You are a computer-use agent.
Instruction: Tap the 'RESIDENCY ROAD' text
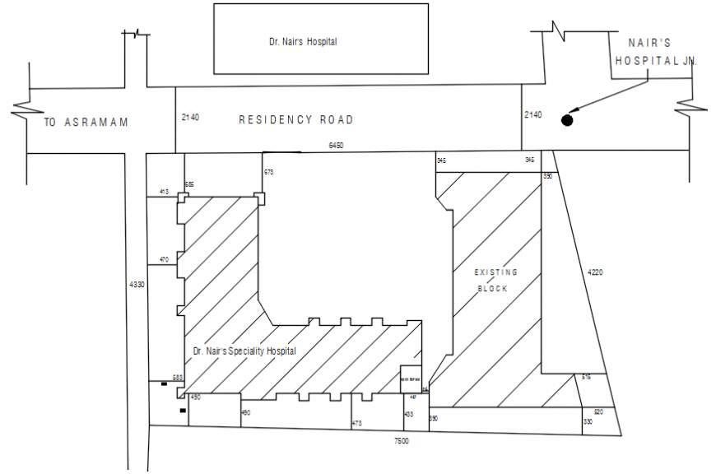[295, 120]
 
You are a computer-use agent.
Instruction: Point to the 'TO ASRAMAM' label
[86, 123]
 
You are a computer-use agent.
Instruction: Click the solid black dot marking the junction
[567, 121]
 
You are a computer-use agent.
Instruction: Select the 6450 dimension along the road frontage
[336, 145]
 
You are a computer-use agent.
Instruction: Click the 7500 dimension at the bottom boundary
[401, 442]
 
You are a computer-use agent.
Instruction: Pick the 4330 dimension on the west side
[137, 284]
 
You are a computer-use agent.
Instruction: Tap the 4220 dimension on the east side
[595, 272]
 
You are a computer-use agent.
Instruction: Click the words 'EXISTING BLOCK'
[496, 280]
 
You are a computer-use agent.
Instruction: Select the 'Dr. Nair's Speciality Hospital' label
[244, 351]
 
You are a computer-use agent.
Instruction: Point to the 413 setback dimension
[164, 192]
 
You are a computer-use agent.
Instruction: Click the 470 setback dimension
[164, 260]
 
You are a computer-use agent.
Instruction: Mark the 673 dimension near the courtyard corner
[268, 172]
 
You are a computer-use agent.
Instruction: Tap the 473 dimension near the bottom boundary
[356, 423]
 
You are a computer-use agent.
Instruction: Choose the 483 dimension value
[409, 414]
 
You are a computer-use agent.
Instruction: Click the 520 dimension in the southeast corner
[598, 411]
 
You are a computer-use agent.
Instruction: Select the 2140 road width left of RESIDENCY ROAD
[189, 118]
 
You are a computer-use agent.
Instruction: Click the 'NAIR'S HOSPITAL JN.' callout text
[655, 50]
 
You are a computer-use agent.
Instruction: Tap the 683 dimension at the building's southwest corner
[177, 378]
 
